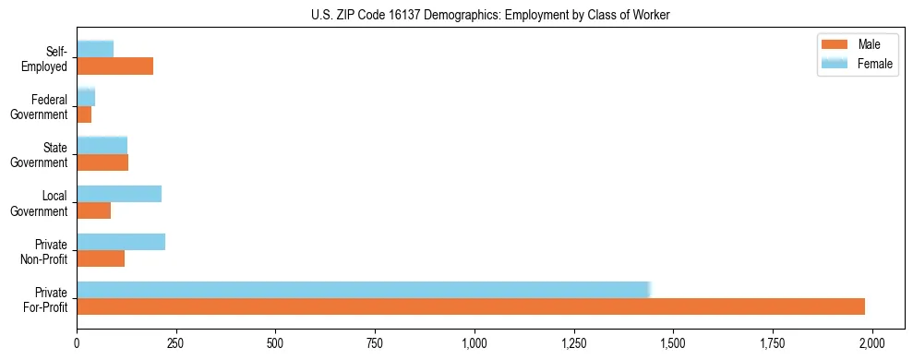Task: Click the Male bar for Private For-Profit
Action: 471,306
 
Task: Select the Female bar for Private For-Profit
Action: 364,290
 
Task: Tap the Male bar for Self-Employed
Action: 114,66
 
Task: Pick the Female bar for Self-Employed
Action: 95,49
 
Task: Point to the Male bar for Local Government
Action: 93,210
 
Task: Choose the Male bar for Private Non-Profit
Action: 101,258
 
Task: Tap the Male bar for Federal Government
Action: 84,114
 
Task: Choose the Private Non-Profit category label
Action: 47,251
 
